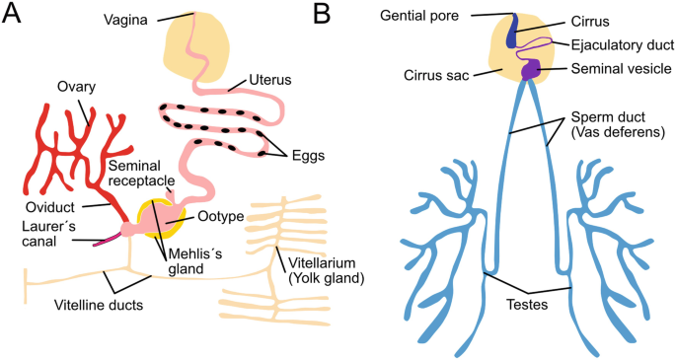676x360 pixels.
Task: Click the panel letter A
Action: click(11, 14)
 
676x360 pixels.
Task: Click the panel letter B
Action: click(322, 14)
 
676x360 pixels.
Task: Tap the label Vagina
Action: click(125, 20)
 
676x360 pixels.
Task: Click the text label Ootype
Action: click(221, 216)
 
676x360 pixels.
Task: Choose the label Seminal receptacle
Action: click(141, 174)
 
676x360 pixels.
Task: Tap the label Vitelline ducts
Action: click(99, 306)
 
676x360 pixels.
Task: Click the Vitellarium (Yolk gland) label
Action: click(326, 270)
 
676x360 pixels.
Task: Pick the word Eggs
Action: click(308, 155)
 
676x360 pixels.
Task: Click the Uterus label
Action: click(269, 80)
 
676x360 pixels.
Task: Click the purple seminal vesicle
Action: click(530, 69)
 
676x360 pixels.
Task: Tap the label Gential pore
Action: click(419, 16)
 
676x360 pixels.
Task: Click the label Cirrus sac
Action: click(436, 76)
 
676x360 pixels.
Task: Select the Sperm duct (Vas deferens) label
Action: click(618, 124)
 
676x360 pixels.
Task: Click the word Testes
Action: click(527, 305)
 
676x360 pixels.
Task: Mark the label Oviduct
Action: click(50, 207)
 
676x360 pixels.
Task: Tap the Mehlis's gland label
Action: click(194, 261)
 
